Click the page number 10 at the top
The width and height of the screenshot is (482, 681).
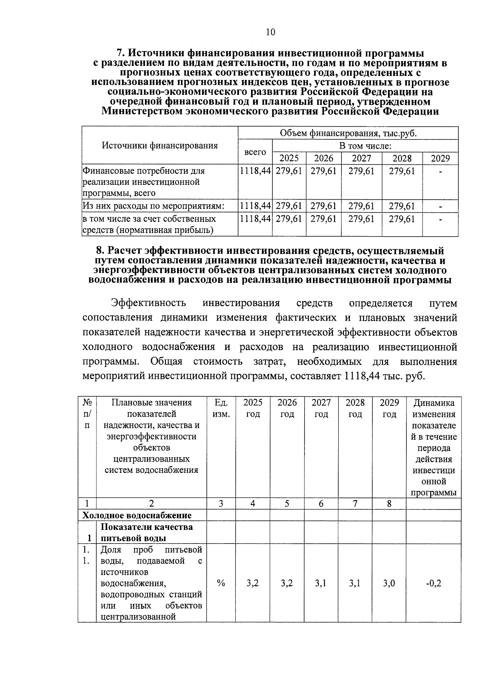coord(270,33)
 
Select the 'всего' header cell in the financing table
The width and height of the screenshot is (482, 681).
coord(255,152)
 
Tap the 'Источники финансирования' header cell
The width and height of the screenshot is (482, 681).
coord(159,145)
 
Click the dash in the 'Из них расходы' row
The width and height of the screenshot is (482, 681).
coord(441,207)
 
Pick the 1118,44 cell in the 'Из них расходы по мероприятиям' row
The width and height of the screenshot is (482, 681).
coord(255,207)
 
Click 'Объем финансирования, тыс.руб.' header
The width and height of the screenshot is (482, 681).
coord(348,133)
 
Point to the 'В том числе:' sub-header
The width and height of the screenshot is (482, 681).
coord(365,146)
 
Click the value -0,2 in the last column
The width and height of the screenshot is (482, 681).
coord(433,583)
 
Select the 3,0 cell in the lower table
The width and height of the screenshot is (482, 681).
coord(389,583)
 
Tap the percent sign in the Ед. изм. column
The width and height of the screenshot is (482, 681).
coord(221,583)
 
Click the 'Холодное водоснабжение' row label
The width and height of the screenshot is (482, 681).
coord(137,515)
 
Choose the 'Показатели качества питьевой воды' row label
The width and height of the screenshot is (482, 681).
coord(147,532)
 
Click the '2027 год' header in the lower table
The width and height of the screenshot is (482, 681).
coord(321,408)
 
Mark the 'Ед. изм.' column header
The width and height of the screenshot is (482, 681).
coord(221,408)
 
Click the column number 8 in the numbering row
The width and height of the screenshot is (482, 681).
coord(389,503)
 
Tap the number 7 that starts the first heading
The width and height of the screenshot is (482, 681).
coord(119,53)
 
